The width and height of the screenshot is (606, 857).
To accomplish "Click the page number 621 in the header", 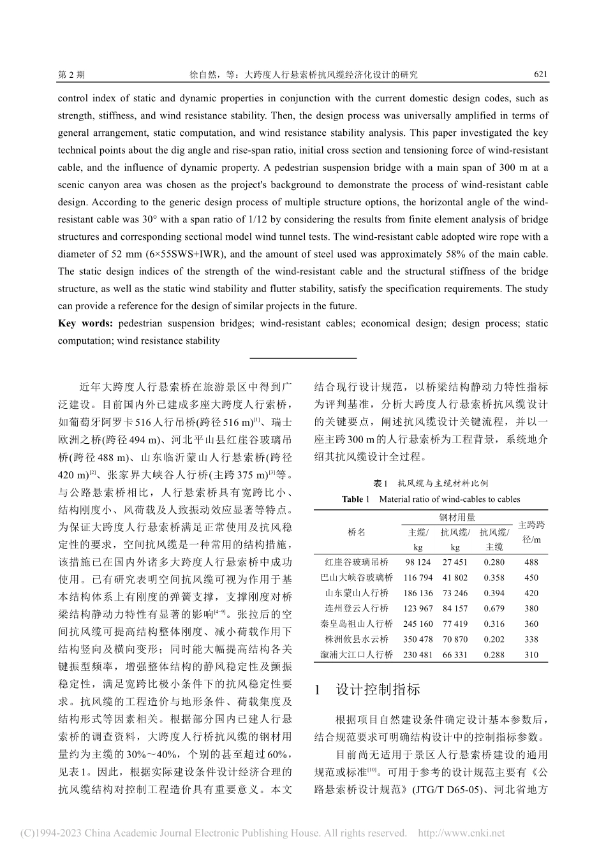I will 540,75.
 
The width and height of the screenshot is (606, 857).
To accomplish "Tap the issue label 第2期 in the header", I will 71,75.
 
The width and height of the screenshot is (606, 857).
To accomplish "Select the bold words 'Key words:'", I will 85,323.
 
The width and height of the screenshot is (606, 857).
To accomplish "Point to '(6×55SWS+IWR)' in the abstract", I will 142,254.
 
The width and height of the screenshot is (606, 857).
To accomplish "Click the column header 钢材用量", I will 457,518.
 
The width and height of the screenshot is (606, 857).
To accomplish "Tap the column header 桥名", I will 357,532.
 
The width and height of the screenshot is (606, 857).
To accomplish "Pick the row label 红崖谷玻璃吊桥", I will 357,562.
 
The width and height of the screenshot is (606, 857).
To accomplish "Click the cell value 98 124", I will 418,562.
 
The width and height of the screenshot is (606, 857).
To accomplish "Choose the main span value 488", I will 531,562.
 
